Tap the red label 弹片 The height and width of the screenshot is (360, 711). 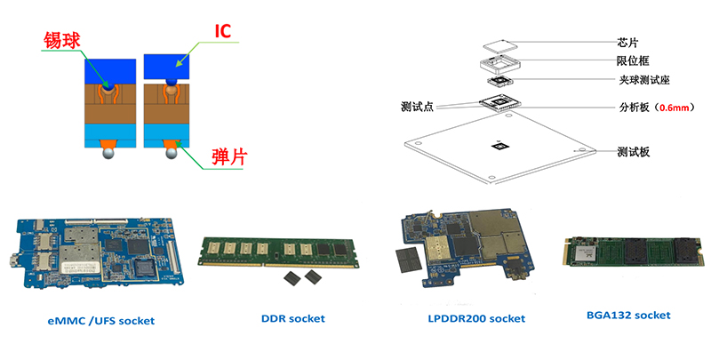229,156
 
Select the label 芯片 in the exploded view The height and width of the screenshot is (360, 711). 628,43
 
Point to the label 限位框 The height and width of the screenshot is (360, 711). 634,61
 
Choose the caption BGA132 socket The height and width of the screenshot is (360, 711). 628,316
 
